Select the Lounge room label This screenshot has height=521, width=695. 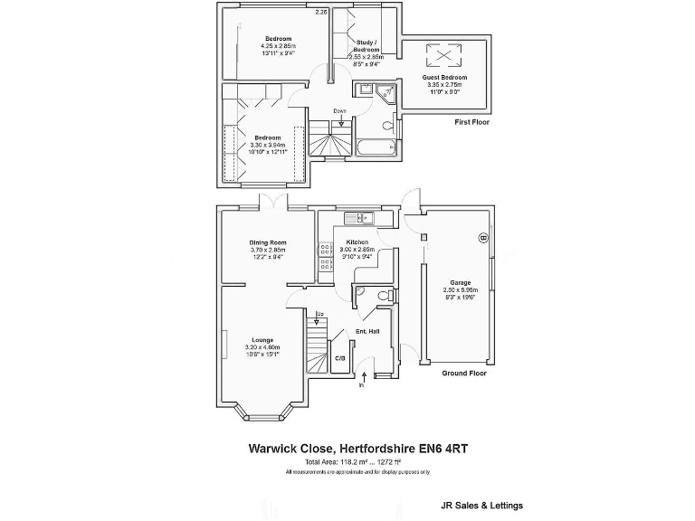[x=263, y=340]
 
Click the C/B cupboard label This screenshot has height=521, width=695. [x=339, y=358]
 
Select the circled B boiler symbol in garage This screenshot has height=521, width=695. [x=482, y=238]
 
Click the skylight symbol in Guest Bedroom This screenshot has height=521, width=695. [x=444, y=56]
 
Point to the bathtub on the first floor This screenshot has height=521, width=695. [x=373, y=147]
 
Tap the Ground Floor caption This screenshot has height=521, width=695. [x=464, y=374]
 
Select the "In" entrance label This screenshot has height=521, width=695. [x=361, y=384]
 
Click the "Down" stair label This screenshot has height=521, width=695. [x=340, y=111]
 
